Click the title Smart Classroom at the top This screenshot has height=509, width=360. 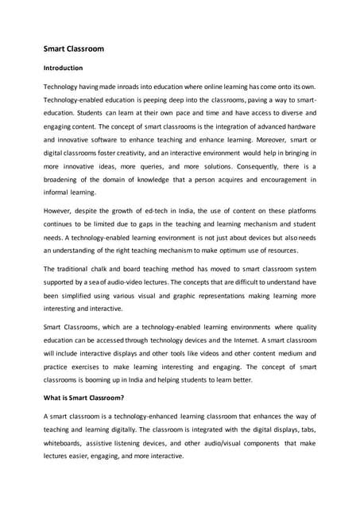(x=73, y=49)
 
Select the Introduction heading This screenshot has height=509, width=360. (x=63, y=68)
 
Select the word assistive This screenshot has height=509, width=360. (x=110, y=442)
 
